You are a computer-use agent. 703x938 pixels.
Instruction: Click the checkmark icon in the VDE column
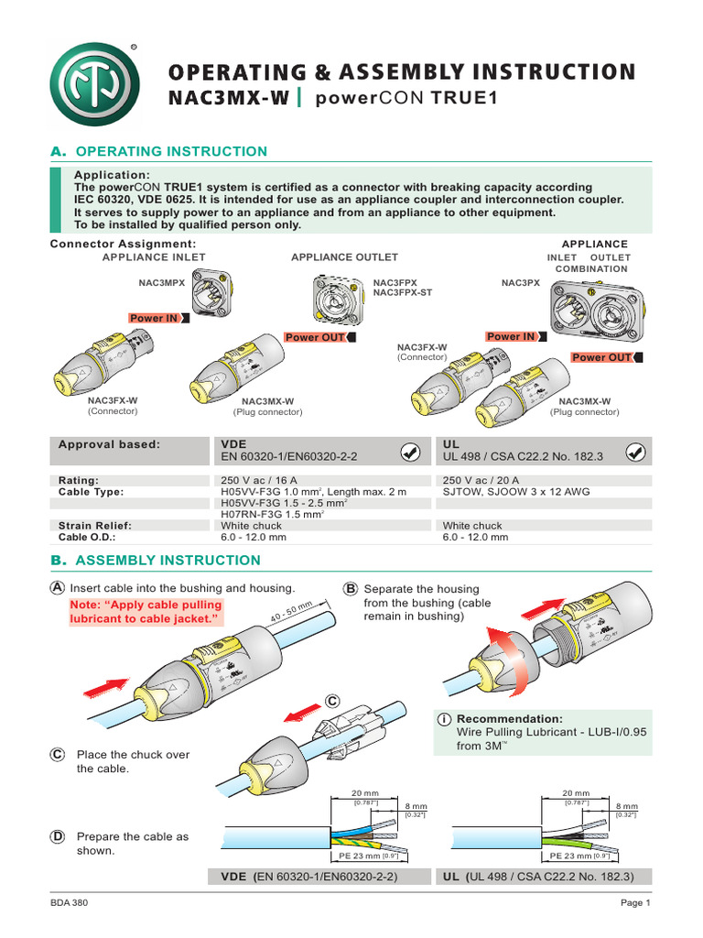coord(412,451)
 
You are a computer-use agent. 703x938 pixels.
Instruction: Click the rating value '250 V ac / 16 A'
coord(260,480)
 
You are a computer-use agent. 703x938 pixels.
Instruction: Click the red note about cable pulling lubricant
coord(146,613)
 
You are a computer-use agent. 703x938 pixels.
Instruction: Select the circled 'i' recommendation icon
coord(443,719)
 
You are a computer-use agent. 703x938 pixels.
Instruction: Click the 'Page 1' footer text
coord(634,903)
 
